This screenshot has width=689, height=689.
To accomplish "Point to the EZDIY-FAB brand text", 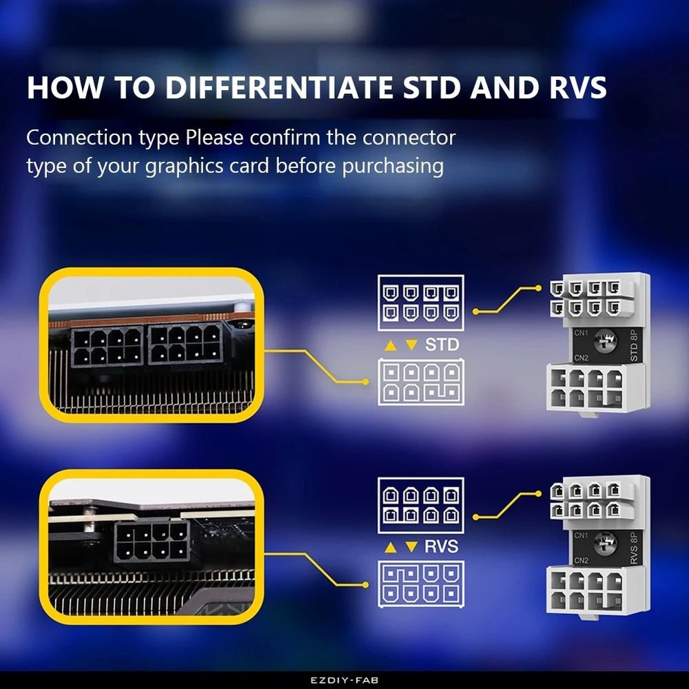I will coord(344,679).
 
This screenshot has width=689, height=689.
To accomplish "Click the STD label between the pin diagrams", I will coord(442,344).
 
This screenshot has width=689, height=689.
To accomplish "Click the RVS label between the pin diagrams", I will coord(442,546).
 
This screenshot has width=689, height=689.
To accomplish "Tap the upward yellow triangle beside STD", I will coord(390,344).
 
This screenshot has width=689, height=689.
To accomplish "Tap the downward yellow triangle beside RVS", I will coord(411,547).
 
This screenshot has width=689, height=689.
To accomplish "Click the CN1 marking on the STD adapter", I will coord(581,332).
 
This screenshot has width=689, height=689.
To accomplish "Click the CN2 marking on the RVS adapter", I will coord(581,560).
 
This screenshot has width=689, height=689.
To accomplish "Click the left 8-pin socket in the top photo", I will coord(107,346).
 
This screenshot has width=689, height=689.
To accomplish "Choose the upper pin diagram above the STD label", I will coord(420,303).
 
